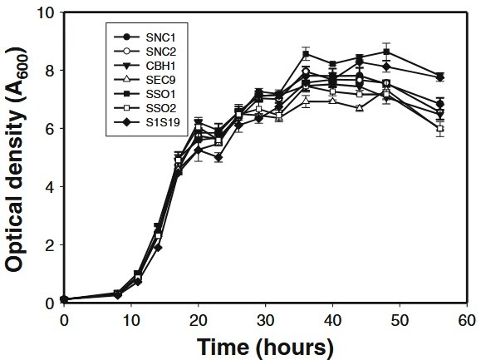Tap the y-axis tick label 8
pyautogui.click(x=51, y=72)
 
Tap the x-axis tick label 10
pyautogui.click(x=131, y=319)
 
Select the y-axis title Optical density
pyautogui.click(x=17, y=158)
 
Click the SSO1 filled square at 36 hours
pyautogui.click(x=306, y=55)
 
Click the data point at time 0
pyautogui.click(x=65, y=299)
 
